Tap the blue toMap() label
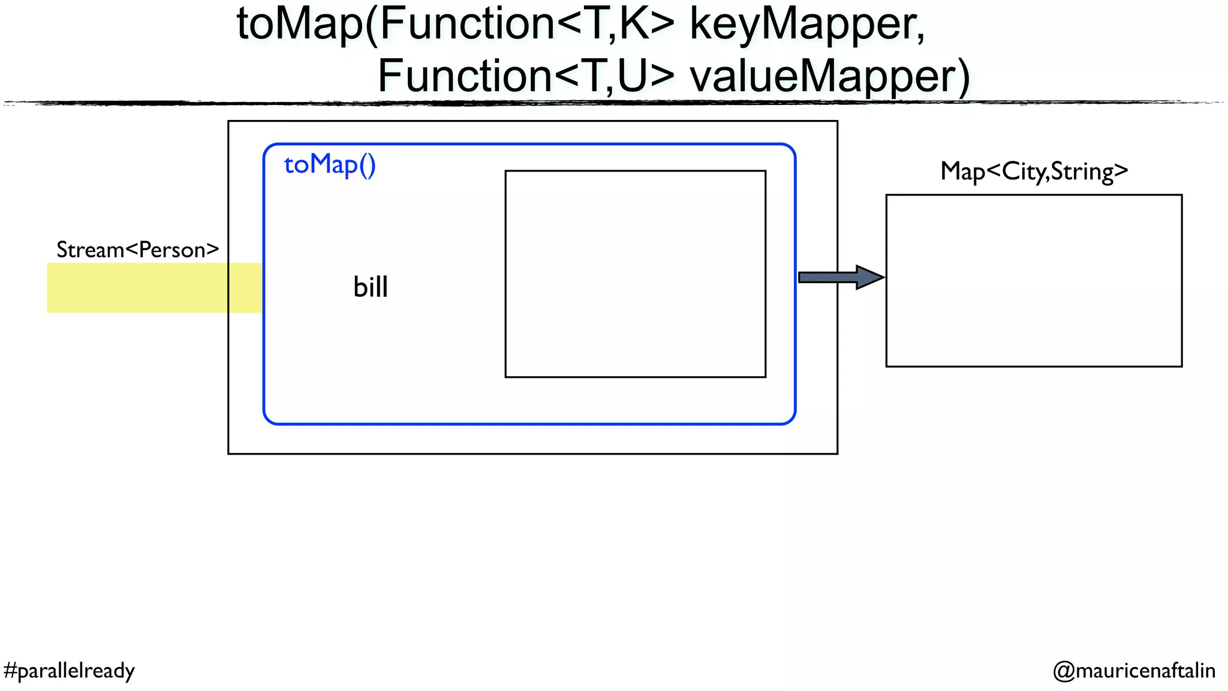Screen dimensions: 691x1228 [330, 164]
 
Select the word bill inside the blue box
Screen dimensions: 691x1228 [371, 287]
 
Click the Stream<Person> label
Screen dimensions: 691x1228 [138, 250]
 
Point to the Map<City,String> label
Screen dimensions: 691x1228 [1034, 172]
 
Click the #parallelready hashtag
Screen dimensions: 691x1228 [69, 671]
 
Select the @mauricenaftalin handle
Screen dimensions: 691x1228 [1134, 671]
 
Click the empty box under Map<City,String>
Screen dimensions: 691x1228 [1034, 280]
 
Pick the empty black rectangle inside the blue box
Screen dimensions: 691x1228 [635, 274]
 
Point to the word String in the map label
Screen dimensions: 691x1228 [1082, 172]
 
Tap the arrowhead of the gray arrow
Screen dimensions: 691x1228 [869, 277]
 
